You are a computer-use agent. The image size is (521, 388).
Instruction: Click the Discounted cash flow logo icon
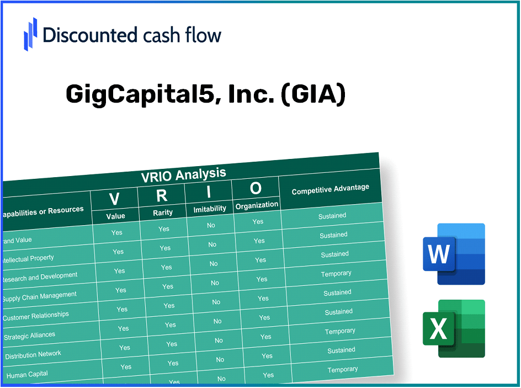31,34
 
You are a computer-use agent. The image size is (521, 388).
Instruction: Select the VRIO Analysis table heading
183,174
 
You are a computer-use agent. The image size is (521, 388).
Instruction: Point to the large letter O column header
256,188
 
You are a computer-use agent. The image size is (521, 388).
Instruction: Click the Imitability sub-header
210,209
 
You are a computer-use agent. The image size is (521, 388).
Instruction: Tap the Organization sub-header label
257,205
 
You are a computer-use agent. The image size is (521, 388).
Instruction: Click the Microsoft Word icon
453,254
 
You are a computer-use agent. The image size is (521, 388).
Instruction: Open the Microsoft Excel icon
453,328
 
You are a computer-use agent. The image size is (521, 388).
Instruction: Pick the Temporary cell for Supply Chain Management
336,274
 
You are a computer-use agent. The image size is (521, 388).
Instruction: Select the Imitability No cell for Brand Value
211,225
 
